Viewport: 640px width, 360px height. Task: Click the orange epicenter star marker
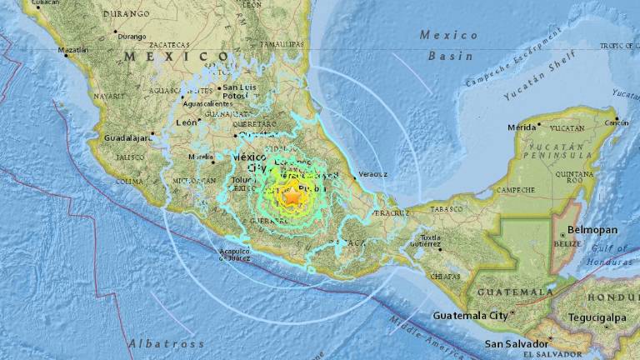[x=292, y=197]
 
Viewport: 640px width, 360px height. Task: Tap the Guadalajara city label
[x=126, y=137]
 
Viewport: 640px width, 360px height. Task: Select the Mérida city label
[x=522, y=127]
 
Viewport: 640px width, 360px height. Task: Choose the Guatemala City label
[x=471, y=316]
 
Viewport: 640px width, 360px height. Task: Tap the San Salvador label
[x=517, y=343]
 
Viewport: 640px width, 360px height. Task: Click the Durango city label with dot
[x=131, y=36]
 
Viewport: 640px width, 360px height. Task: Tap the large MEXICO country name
[x=177, y=57]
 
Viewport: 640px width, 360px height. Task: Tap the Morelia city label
[x=200, y=156]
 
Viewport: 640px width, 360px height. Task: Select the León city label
[x=187, y=122]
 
